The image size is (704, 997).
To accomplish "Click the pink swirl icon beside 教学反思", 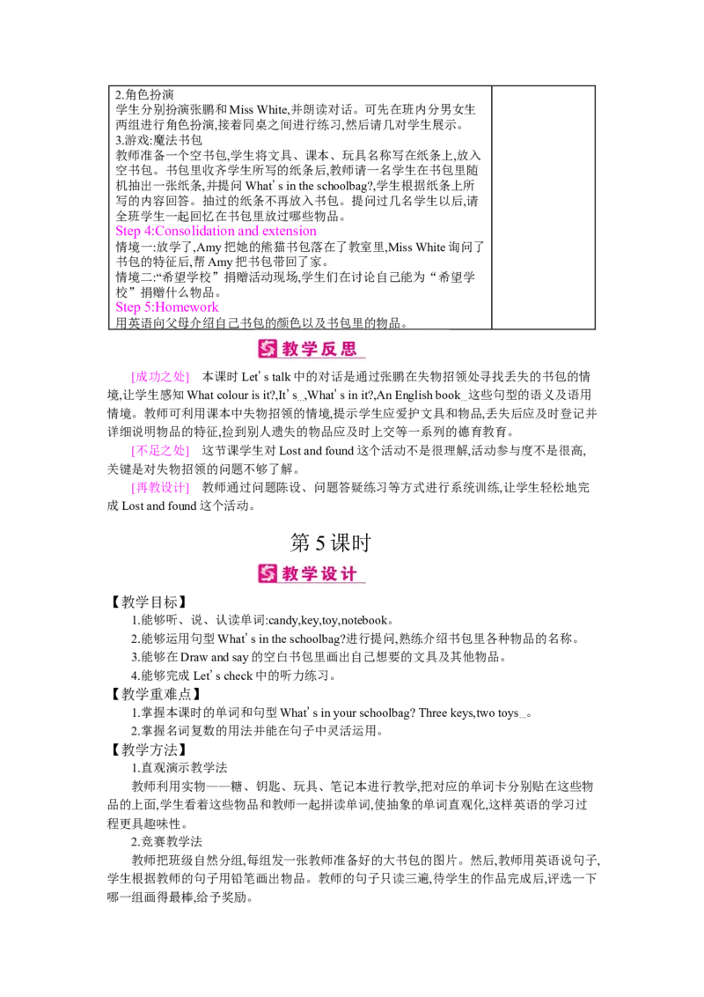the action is pos(268,349).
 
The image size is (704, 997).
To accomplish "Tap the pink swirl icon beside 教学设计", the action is pos(268,573).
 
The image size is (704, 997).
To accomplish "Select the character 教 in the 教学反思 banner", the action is pos(292,349).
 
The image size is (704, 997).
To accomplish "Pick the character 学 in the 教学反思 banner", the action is pos(313,349).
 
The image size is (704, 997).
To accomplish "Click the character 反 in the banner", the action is pos(334,349).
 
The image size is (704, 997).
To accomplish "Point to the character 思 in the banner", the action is pos(354,349).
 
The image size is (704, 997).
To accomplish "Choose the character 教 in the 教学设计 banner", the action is pos(292,573).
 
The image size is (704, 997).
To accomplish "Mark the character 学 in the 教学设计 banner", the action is pos(313,573).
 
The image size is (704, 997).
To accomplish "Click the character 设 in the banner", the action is pos(334,573).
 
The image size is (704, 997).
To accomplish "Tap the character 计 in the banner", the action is pos(354,573).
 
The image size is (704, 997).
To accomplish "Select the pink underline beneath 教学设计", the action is pos(322,583).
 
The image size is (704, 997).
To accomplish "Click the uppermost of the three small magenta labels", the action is pos(159,378).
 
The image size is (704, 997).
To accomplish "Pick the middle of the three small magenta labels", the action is pos(159,451).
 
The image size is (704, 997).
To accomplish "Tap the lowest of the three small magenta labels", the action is pos(159,487).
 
